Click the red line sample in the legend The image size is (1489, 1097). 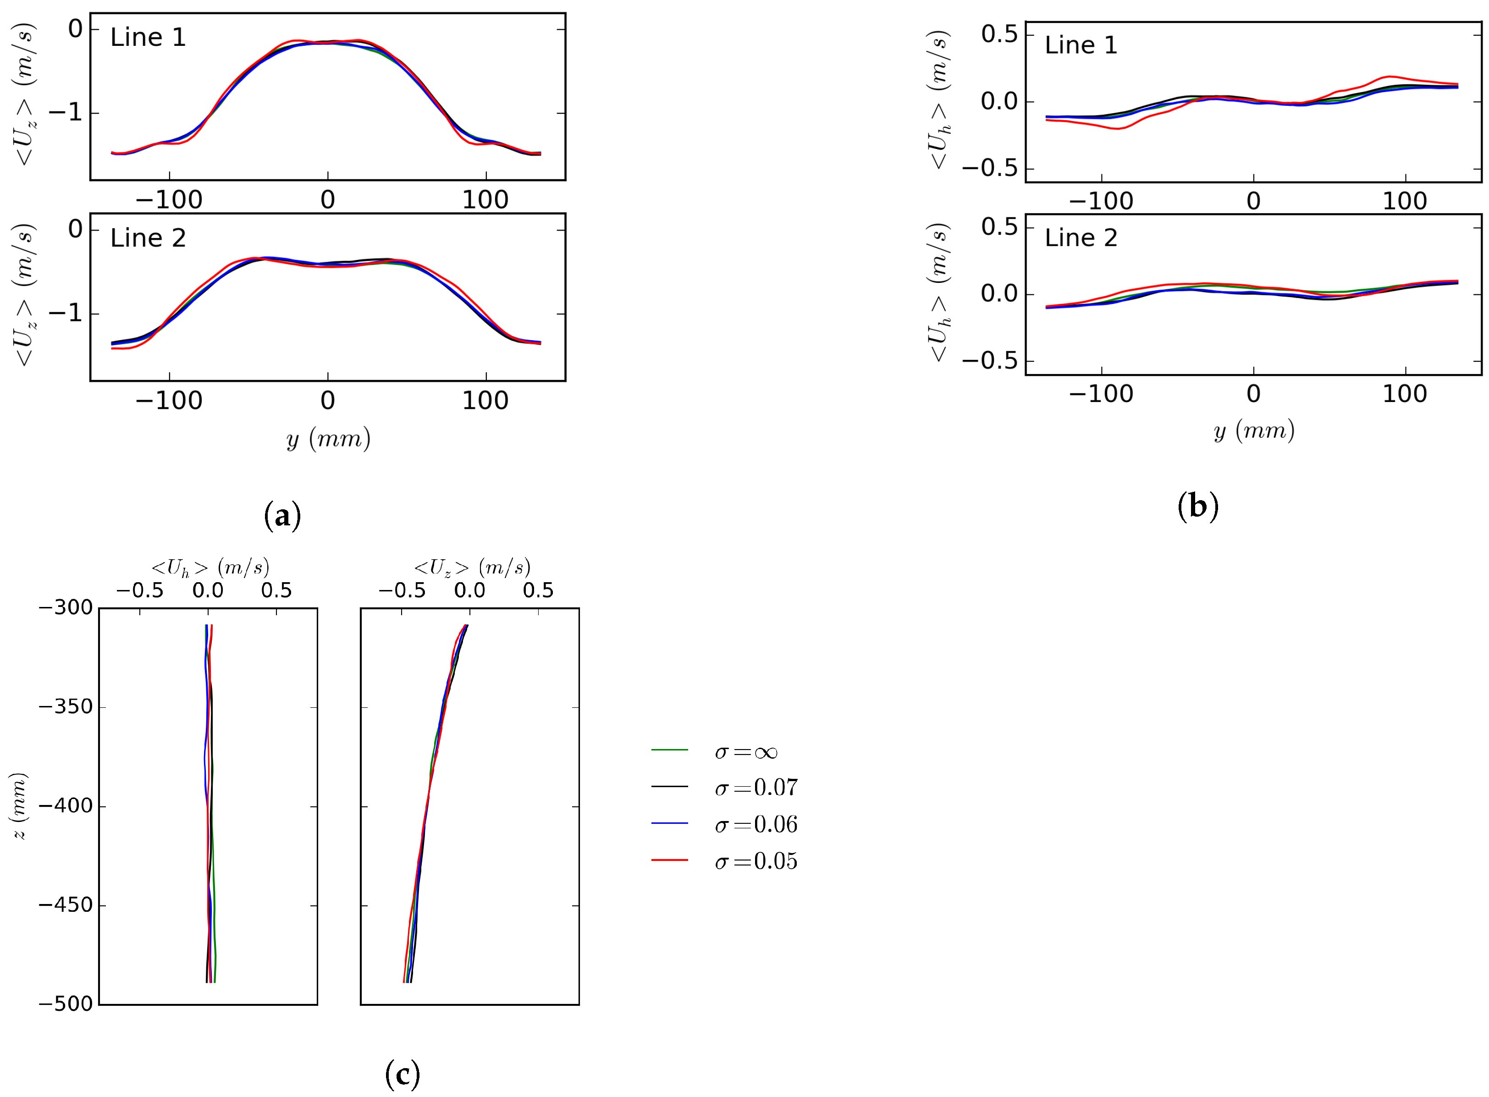coord(669,860)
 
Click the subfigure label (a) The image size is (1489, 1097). coord(282,515)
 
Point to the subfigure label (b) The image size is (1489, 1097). coord(1197,507)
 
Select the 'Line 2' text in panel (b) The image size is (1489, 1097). coord(1081,238)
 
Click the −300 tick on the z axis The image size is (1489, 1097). coord(66,607)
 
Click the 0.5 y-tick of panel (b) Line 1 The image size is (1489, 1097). coord(999,34)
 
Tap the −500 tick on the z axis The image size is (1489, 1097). coord(66,1004)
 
